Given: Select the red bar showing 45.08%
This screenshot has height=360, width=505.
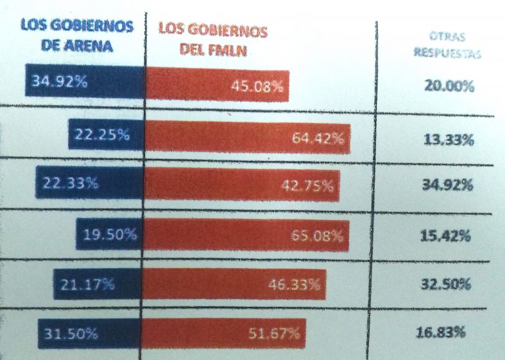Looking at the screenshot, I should click(217, 85).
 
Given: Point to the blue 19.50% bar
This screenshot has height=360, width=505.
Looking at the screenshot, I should click(110, 235).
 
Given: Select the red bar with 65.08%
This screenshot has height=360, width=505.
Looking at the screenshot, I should click(247, 236).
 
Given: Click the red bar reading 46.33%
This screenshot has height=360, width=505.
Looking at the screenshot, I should click(234, 284).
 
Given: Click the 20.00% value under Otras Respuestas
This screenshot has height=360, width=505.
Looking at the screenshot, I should click(450, 85).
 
